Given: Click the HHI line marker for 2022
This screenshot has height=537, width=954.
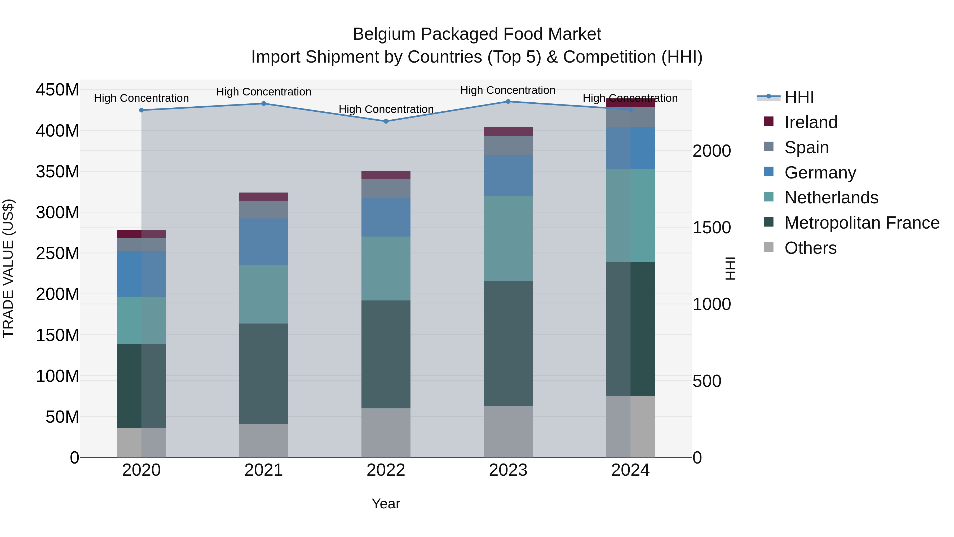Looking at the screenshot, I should [x=386, y=121].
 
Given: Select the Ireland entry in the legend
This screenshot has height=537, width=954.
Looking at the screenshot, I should [x=811, y=122].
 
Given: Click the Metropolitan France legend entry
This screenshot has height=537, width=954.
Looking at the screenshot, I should [x=862, y=223].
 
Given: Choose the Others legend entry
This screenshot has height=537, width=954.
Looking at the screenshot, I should [x=810, y=248].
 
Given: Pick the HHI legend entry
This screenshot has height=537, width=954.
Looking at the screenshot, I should [x=799, y=97].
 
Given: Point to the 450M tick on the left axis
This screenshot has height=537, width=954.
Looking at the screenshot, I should [x=58, y=90].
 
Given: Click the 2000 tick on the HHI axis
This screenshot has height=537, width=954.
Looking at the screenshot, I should [x=712, y=151].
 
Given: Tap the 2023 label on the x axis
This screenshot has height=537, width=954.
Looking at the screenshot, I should [x=508, y=470].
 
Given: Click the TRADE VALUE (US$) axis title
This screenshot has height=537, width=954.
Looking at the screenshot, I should [x=8, y=268].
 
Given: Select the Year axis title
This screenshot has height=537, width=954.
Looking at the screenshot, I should [x=386, y=504].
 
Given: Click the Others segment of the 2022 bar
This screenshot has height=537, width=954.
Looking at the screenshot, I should [x=386, y=433].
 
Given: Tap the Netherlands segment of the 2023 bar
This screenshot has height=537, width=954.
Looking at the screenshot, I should [x=508, y=238].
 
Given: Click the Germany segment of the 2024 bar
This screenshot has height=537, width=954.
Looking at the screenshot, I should [x=630, y=148].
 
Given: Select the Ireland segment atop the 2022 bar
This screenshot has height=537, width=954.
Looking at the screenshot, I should [x=386, y=175].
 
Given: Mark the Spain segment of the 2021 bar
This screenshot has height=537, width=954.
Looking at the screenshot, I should [x=263, y=210].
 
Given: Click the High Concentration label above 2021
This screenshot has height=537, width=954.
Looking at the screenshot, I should [x=263, y=91].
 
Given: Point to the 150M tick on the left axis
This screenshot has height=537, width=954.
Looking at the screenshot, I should [x=58, y=335].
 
